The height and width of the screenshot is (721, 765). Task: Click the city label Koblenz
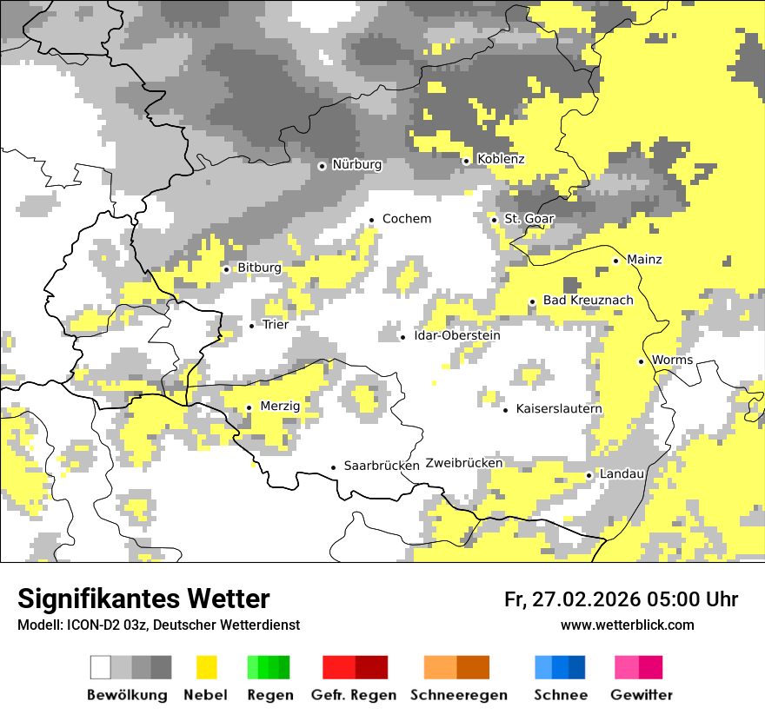pos(501,160)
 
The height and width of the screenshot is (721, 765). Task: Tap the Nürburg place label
pos(356,165)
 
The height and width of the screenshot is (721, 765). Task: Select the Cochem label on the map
pos(407,219)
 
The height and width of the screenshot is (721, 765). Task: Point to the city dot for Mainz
pos(615,261)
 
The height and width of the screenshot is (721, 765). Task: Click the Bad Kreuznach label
pos(588,301)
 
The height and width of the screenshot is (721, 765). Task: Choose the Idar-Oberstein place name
pos(457,336)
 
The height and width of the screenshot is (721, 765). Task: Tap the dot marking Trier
pos(252,326)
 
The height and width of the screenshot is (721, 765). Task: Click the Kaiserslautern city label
pos(559,409)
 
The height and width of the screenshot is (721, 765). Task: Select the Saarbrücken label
pos(382,466)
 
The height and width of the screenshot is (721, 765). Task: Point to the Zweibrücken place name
pos(464,464)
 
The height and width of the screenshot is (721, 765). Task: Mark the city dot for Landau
pos(589,475)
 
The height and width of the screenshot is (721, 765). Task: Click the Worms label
pos(672,360)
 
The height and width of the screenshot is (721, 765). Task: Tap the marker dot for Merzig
pos(249,407)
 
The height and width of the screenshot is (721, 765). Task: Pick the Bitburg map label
pos(259,268)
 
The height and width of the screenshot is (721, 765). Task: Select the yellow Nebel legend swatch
pos(206,667)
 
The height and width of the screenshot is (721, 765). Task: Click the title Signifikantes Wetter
pos(143,599)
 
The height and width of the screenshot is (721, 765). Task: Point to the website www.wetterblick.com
pos(627,625)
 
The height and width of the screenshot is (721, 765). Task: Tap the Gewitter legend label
pos(641,696)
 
